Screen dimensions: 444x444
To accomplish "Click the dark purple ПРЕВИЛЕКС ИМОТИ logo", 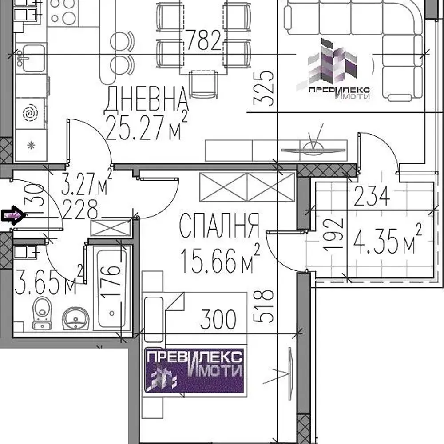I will click(x=194, y=369).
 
